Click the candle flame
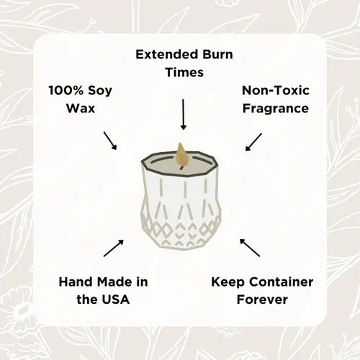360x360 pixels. point(182,153)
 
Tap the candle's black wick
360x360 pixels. point(182,165)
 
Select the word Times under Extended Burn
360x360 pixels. point(183,73)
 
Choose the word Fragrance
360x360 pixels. point(275,109)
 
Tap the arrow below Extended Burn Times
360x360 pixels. point(183,114)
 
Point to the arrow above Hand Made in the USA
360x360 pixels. point(113,247)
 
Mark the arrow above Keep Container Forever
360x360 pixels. point(249,247)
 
